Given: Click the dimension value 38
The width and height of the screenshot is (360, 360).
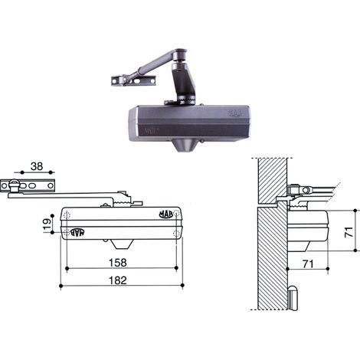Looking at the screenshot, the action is coord(37,166).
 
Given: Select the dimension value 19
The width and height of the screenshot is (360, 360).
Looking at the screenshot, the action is coord(47,224).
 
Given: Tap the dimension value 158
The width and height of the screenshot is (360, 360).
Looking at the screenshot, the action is coord(118,263).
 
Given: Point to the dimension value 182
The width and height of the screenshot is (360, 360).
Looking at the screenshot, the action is coord(118,280).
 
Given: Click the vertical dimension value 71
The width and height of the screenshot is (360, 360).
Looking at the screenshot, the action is coord(349,232).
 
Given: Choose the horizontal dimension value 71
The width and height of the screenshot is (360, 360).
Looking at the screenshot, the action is coord(308,264).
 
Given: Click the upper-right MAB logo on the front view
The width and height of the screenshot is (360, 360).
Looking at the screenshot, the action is coord(166,214).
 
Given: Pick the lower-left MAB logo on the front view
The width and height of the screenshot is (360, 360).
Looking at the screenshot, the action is coord(77,232).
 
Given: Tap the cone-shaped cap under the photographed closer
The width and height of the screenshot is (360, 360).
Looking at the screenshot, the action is coord(185,146).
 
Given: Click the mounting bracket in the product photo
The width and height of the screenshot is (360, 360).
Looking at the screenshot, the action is coord(133,80).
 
